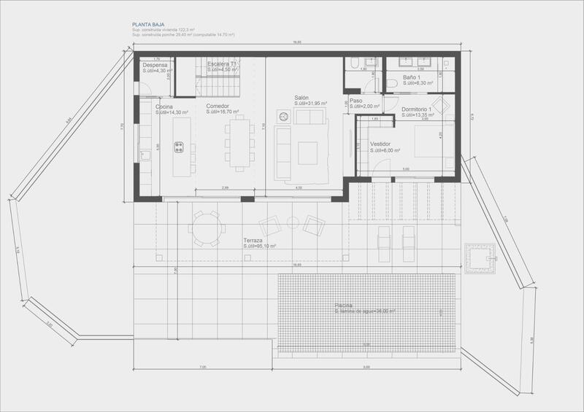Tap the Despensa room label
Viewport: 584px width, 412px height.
click(155, 64)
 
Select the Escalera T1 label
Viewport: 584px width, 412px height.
click(223, 64)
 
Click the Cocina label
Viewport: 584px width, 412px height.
click(164, 107)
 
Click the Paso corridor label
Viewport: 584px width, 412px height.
click(356, 101)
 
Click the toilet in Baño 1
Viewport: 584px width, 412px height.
click(391, 85)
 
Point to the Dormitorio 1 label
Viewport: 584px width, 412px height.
click(416, 109)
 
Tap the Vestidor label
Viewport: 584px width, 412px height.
click(380, 144)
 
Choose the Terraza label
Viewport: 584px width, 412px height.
click(253, 241)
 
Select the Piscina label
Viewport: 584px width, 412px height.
click(344, 304)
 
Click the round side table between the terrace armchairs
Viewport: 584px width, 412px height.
click(292, 222)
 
